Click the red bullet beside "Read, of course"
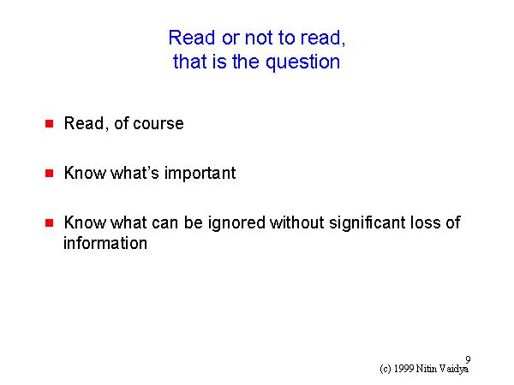pyautogui.click(x=49, y=124)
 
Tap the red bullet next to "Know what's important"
pyautogui.click(x=49, y=173)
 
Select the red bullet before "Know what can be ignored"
pyautogui.click(x=49, y=223)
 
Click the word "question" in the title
pyautogui.click(x=302, y=62)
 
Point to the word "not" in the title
pyautogui.click(x=259, y=38)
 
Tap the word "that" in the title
pyautogui.click(x=190, y=62)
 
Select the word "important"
pyautogui.click(x=200, y=174)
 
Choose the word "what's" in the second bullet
pyautogui.click(x=134, y=173)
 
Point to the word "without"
pyautogui.click(x=297, y=222)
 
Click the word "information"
pyautogui.click(x=105, y=243)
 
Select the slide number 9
pyautogui.click(x=468, y=360)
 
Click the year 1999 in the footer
pyautogui.click(x=403, y=369)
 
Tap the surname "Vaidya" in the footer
pyautogui.click(x=454, y=370)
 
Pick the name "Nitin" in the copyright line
pyautogui.click(x=427, y=369)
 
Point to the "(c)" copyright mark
pyautogui.click(x=385, y=370)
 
